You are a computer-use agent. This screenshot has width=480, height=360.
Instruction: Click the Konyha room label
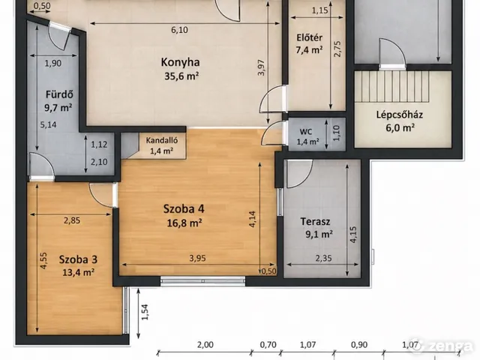[180, 62]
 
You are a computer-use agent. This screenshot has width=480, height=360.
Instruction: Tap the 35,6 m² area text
[181, 76]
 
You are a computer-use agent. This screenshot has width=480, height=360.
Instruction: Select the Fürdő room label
[59, 94]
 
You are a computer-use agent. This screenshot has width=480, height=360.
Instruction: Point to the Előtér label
[309, 38]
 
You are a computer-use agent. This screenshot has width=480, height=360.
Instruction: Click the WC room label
[306, 132]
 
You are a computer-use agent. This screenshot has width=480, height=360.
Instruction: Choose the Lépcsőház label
[400, 115]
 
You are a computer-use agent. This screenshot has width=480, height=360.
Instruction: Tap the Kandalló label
[162, 140]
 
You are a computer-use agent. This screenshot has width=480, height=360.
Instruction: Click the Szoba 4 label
[184, 209]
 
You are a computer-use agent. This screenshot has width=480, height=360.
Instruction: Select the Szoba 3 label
[78, 259]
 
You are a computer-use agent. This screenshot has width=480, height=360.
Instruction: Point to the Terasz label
[315, 221]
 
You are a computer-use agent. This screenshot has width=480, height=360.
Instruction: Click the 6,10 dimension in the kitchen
[179, 30]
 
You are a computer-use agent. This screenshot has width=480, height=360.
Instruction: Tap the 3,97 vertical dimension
[261, 67]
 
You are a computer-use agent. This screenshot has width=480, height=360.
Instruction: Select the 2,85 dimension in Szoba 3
[72, 220]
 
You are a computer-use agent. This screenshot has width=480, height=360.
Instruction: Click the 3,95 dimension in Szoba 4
[197, 258]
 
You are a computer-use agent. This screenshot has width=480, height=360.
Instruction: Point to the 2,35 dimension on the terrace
[323, 258]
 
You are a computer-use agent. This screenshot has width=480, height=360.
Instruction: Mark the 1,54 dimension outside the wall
[145, 312]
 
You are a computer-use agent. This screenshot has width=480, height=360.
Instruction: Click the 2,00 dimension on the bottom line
[205, 345]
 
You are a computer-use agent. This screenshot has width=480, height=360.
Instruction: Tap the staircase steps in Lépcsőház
[391, 87]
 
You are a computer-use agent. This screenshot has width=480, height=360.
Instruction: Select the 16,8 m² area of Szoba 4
[184, 223]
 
